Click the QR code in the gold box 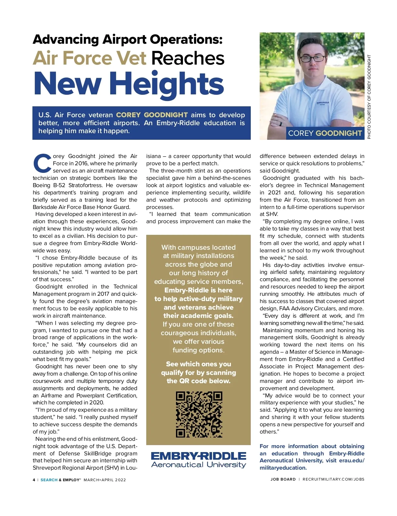[199, 414]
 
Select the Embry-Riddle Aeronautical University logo [198, 460]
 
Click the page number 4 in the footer [34, 480]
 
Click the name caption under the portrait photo [325, 133]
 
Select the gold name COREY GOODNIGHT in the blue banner [152, 115]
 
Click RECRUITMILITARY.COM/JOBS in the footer [333, 479]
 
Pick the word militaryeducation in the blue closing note [283, 468]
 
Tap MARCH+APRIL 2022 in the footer [105, 480]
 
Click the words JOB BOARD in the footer [283, 479]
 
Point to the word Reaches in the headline [188, 58]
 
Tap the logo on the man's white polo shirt [323, 103]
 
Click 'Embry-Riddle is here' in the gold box [198, 290]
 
